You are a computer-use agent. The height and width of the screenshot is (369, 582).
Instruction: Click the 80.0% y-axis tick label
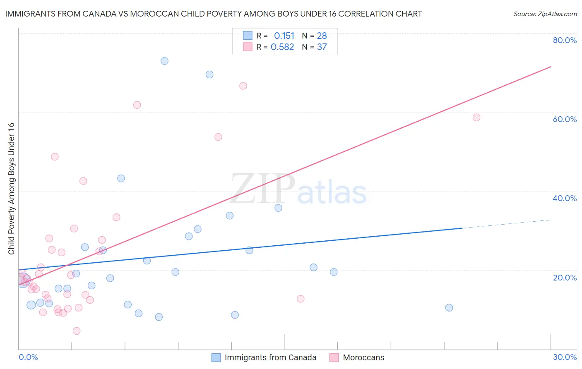(x=565, y=40)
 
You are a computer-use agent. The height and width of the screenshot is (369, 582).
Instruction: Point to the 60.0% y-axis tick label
(x=565, y=119)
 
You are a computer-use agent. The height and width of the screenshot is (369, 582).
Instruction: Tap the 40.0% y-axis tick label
(x=565, y=198)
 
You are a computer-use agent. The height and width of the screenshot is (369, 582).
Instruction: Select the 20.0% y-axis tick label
(x=565, y=277)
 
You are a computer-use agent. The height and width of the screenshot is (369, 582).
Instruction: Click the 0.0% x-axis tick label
(x=28, y=357)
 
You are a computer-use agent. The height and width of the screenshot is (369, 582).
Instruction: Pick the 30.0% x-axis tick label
(x=565, y=357)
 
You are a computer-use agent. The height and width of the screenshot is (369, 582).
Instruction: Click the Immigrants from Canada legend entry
(x=270, y=357)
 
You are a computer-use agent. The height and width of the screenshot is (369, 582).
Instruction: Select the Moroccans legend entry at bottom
(x=363, y=357)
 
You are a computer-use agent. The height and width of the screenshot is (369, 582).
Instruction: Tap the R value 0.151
(x=284, y=36)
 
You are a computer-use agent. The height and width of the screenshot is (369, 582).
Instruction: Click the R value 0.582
(x=282, y=47)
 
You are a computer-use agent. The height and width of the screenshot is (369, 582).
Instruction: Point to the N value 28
(x=322, y=36)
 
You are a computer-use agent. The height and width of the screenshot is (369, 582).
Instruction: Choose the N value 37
(x=322, y=47)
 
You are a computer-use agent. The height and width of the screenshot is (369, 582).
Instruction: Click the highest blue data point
(x=164, y=61)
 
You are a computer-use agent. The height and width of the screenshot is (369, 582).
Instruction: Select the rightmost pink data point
(x=476, y=117)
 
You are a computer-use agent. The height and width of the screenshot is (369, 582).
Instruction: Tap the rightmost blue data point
(x=449, y=308)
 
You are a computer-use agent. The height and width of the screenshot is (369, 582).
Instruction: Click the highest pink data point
(x=243, y=86)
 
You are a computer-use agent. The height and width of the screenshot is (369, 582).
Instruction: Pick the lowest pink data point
(x=77, y=331)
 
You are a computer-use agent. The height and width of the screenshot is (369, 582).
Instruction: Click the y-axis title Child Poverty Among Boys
(x=11, y=189)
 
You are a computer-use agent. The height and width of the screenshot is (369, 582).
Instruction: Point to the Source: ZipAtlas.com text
(x=545, y=14)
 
